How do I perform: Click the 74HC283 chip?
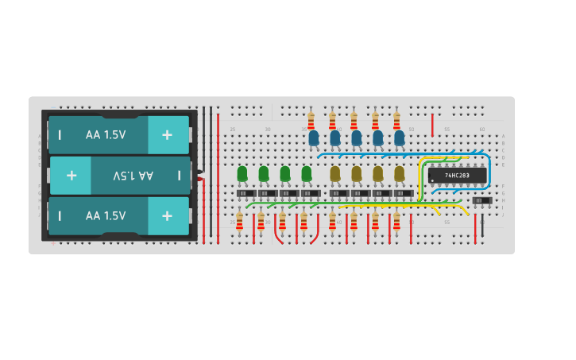[457, 175]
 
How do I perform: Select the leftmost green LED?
[242, 173]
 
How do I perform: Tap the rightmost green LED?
[307, 173]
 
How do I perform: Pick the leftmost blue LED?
[314, 138]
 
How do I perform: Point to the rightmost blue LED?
[399, 138]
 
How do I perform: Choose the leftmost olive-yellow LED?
[335, 173]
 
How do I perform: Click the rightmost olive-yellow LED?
[399, 173]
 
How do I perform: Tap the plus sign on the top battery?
[167, 135]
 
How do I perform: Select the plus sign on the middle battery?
[72, 176]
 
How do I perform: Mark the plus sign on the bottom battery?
[167, 216]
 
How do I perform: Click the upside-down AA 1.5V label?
[133, 176]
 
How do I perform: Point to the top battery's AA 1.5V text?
[106, 135]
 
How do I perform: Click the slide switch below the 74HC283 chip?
[481, 201]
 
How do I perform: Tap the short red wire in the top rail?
[432, 125]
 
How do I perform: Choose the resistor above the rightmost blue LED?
[396, 120]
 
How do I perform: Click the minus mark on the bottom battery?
[60, 216]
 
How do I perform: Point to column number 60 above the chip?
[481, 129]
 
